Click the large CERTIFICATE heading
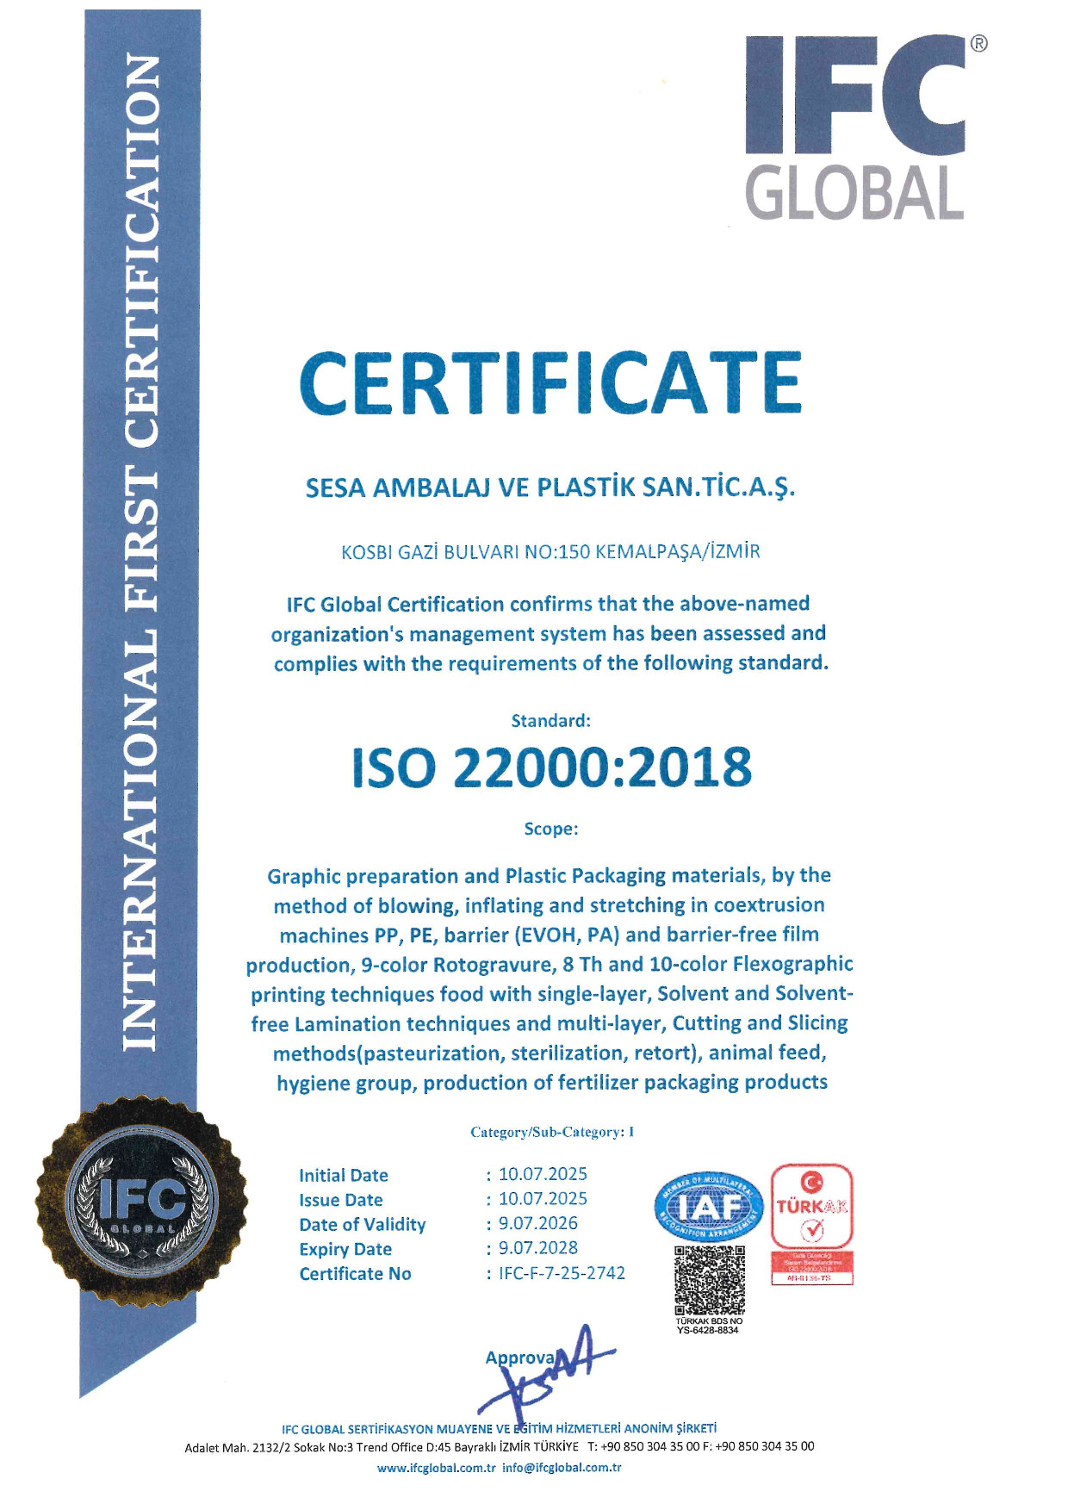(x=551, y=383)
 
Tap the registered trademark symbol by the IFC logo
(x=978, y=44)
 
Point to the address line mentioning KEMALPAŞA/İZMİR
(x=550, y=551)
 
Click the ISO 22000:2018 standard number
(x=551, y=767)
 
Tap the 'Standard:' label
(x=551, y=720)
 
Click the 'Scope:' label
(x=551, y=829)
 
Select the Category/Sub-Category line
(x=552, y=1132)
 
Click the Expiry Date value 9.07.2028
(x=538, y=1248)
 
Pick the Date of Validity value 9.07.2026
(x=538, y=1223)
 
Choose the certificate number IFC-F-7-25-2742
(x=562, y=1273)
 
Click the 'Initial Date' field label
(x=344, y=1175)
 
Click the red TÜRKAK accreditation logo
(x=811, y=1206)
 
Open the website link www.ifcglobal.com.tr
(x=436, y=1468)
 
